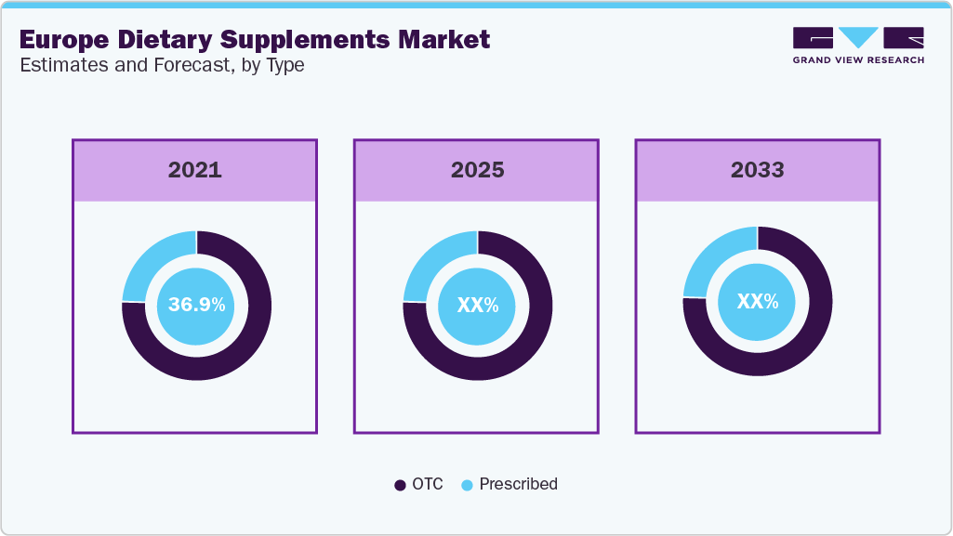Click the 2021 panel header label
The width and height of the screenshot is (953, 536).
point(194,170)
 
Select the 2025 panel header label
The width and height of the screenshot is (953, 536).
point(477,170)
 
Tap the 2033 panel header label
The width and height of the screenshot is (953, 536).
point(757,170)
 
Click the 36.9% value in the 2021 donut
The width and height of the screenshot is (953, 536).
point(196,305)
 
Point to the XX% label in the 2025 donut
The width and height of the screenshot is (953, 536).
point(477,305)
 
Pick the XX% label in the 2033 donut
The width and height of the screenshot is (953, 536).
point(757,301)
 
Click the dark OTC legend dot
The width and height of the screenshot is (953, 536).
point(400,485)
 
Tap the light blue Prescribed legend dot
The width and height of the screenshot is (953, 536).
point(467,485)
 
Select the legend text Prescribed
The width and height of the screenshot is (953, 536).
point(518,484)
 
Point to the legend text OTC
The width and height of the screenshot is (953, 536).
point(428,484)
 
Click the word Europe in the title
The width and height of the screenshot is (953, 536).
point(60,40)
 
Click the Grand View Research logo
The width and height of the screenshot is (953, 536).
point(857,46)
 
